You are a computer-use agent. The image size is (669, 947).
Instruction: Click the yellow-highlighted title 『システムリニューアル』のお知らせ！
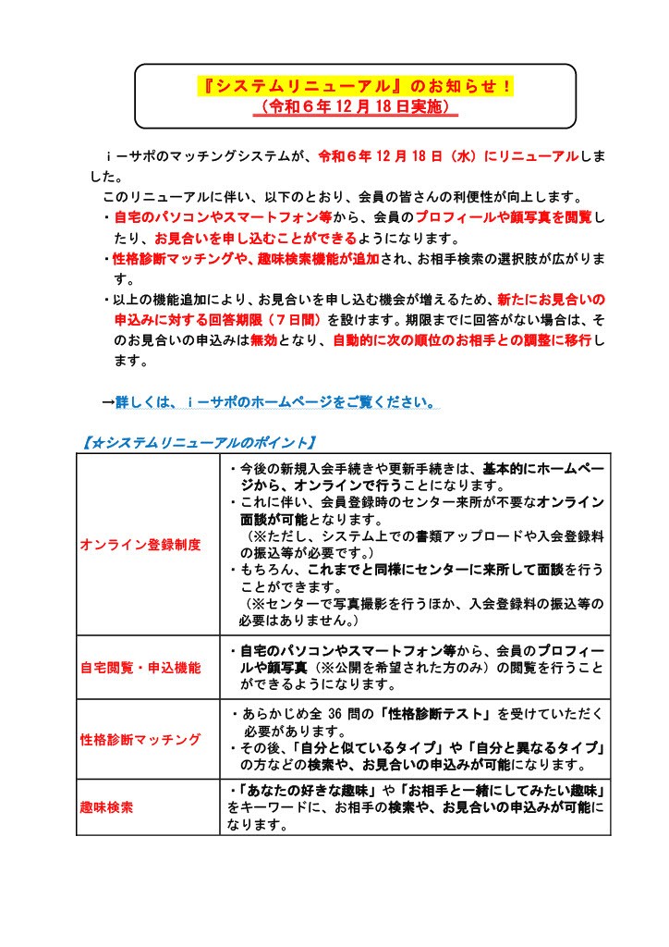pos(358,87)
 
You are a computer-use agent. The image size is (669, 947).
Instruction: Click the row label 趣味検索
pos(106,807)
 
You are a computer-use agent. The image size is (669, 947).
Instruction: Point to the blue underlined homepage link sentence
pos(276,403)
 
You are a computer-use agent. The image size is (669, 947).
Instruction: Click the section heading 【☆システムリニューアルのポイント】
pos(199,443)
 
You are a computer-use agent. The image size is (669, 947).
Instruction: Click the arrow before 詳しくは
pos(107,403)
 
